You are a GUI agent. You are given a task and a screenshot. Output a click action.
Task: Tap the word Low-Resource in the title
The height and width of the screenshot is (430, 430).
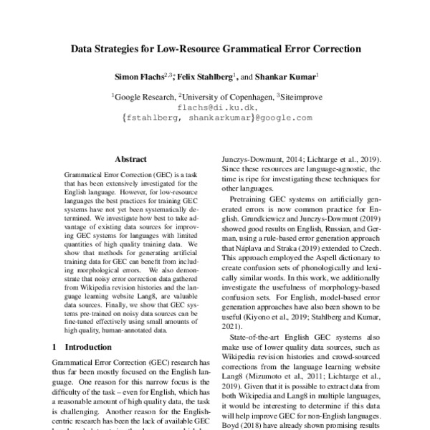click(201, 51)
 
